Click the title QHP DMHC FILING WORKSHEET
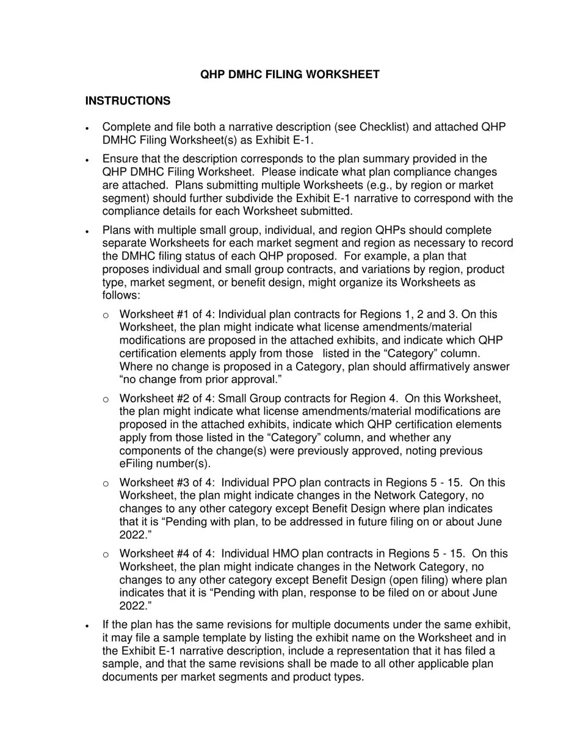[290, 74]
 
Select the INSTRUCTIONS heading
[128, 101]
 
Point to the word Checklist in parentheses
[384, 127]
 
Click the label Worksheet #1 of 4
[166, 314]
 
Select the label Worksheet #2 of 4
[166, 399]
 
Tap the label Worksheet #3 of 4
[166, 483]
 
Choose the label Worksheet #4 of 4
[166, 554]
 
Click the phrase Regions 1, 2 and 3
[419, 314]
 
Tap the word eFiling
[139, 463]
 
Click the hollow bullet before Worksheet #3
[106, 484]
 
